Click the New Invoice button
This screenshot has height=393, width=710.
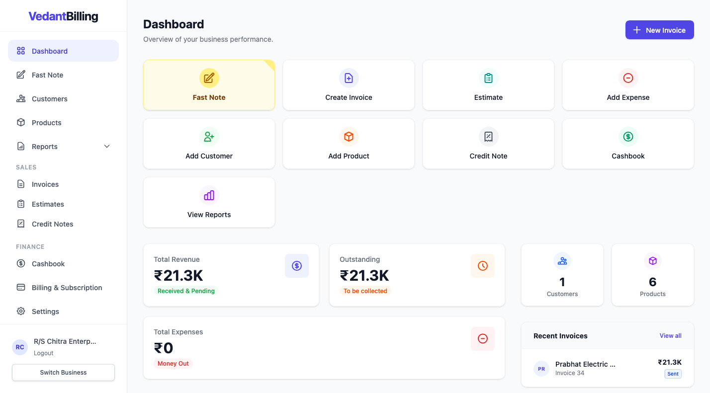659,30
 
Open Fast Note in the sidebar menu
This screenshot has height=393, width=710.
47,75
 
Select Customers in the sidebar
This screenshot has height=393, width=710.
49,99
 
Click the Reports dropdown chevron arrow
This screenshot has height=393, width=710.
107,147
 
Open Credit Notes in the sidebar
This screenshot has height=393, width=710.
52,224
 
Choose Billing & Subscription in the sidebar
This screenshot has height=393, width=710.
67,288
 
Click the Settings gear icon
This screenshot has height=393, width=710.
21,312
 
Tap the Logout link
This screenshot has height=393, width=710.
44,353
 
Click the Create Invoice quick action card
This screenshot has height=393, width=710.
349,85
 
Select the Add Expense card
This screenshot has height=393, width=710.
628,85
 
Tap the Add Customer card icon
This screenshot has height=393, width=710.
209,137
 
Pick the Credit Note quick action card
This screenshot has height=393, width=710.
488,144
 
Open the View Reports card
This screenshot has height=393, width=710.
209,203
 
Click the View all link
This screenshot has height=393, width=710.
670,336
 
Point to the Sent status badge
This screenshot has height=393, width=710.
673,374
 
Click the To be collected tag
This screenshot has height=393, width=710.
365,291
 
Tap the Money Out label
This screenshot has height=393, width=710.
173,364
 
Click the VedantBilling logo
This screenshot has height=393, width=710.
64,16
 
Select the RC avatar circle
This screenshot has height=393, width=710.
20,347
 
